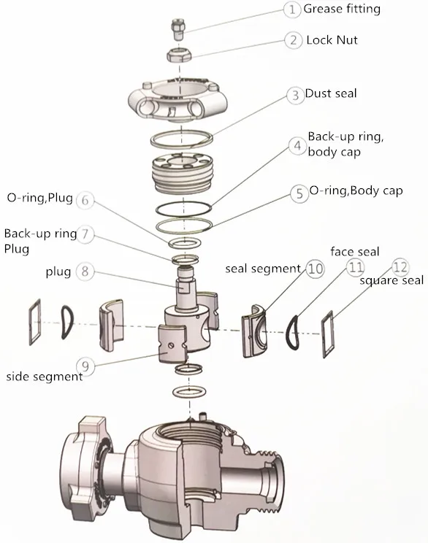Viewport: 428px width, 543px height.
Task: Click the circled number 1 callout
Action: (x=293, y=9)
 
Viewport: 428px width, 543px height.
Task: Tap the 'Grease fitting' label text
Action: (x=342, y=9)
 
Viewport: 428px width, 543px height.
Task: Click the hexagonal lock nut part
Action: (x=178, y=55)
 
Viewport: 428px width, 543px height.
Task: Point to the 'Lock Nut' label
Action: (x=332, y=40)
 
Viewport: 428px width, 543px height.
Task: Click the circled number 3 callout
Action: (x=295, y=95)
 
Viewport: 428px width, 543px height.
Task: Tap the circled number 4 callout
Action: (x=297, y=146)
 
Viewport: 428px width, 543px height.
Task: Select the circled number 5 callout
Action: (x=298, y=193)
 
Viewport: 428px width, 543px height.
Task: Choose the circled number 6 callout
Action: (x=85, y=199)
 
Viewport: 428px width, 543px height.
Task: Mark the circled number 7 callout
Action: (x=86, y=234)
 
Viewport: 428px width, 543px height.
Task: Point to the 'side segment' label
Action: (x=45, y=377)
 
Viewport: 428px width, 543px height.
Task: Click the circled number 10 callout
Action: (x=314, y=269)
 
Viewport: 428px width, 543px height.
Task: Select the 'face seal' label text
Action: (x=355, y=252)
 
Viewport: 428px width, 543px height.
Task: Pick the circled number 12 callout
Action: (x=400, y=266)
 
